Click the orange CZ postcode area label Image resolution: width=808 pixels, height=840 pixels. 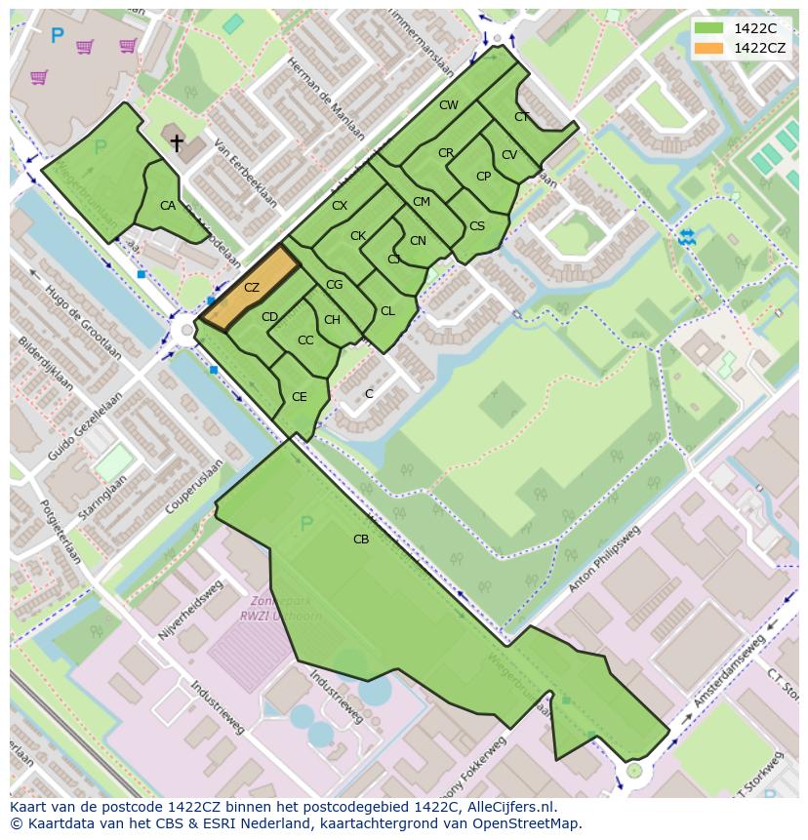click(x=252, y=287)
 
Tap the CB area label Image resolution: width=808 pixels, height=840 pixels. click(x=361, y=539)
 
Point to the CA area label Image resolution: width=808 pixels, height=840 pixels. click(x=168, y=205)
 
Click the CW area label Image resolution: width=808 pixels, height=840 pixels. click(x=449, y=104)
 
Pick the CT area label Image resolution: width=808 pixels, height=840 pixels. click(x=522, y=117)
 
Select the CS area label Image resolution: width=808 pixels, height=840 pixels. click(x=477, y=225)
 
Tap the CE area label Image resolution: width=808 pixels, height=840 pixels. click(x=300, y=396)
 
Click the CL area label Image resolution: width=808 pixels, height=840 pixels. click(x=387, y=310)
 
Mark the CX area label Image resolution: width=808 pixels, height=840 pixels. click(x=340, y=205)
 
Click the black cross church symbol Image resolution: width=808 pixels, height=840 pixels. click(x=177, y=143)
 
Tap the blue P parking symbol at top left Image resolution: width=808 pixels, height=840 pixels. click(x=57, y=36)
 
